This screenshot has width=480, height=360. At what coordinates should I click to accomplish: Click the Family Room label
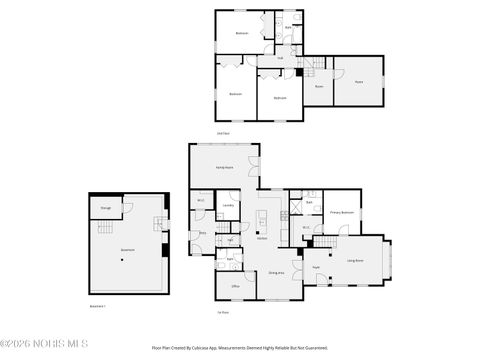[225, 167]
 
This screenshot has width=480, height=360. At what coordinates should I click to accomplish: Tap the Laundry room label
[228, 206]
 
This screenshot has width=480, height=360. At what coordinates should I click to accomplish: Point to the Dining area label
[276, 272]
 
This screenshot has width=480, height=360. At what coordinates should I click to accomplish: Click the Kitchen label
[261, 237]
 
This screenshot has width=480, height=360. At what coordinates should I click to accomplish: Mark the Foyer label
[317, 268]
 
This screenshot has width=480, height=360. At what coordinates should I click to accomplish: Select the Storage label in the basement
[105, 208]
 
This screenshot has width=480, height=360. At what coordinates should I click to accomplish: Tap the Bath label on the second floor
[288, 27]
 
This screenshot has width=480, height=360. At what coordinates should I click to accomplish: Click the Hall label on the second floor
[281, 58]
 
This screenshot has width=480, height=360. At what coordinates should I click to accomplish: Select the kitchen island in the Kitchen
[262, 219]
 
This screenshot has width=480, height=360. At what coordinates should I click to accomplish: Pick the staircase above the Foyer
[326, 243]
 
